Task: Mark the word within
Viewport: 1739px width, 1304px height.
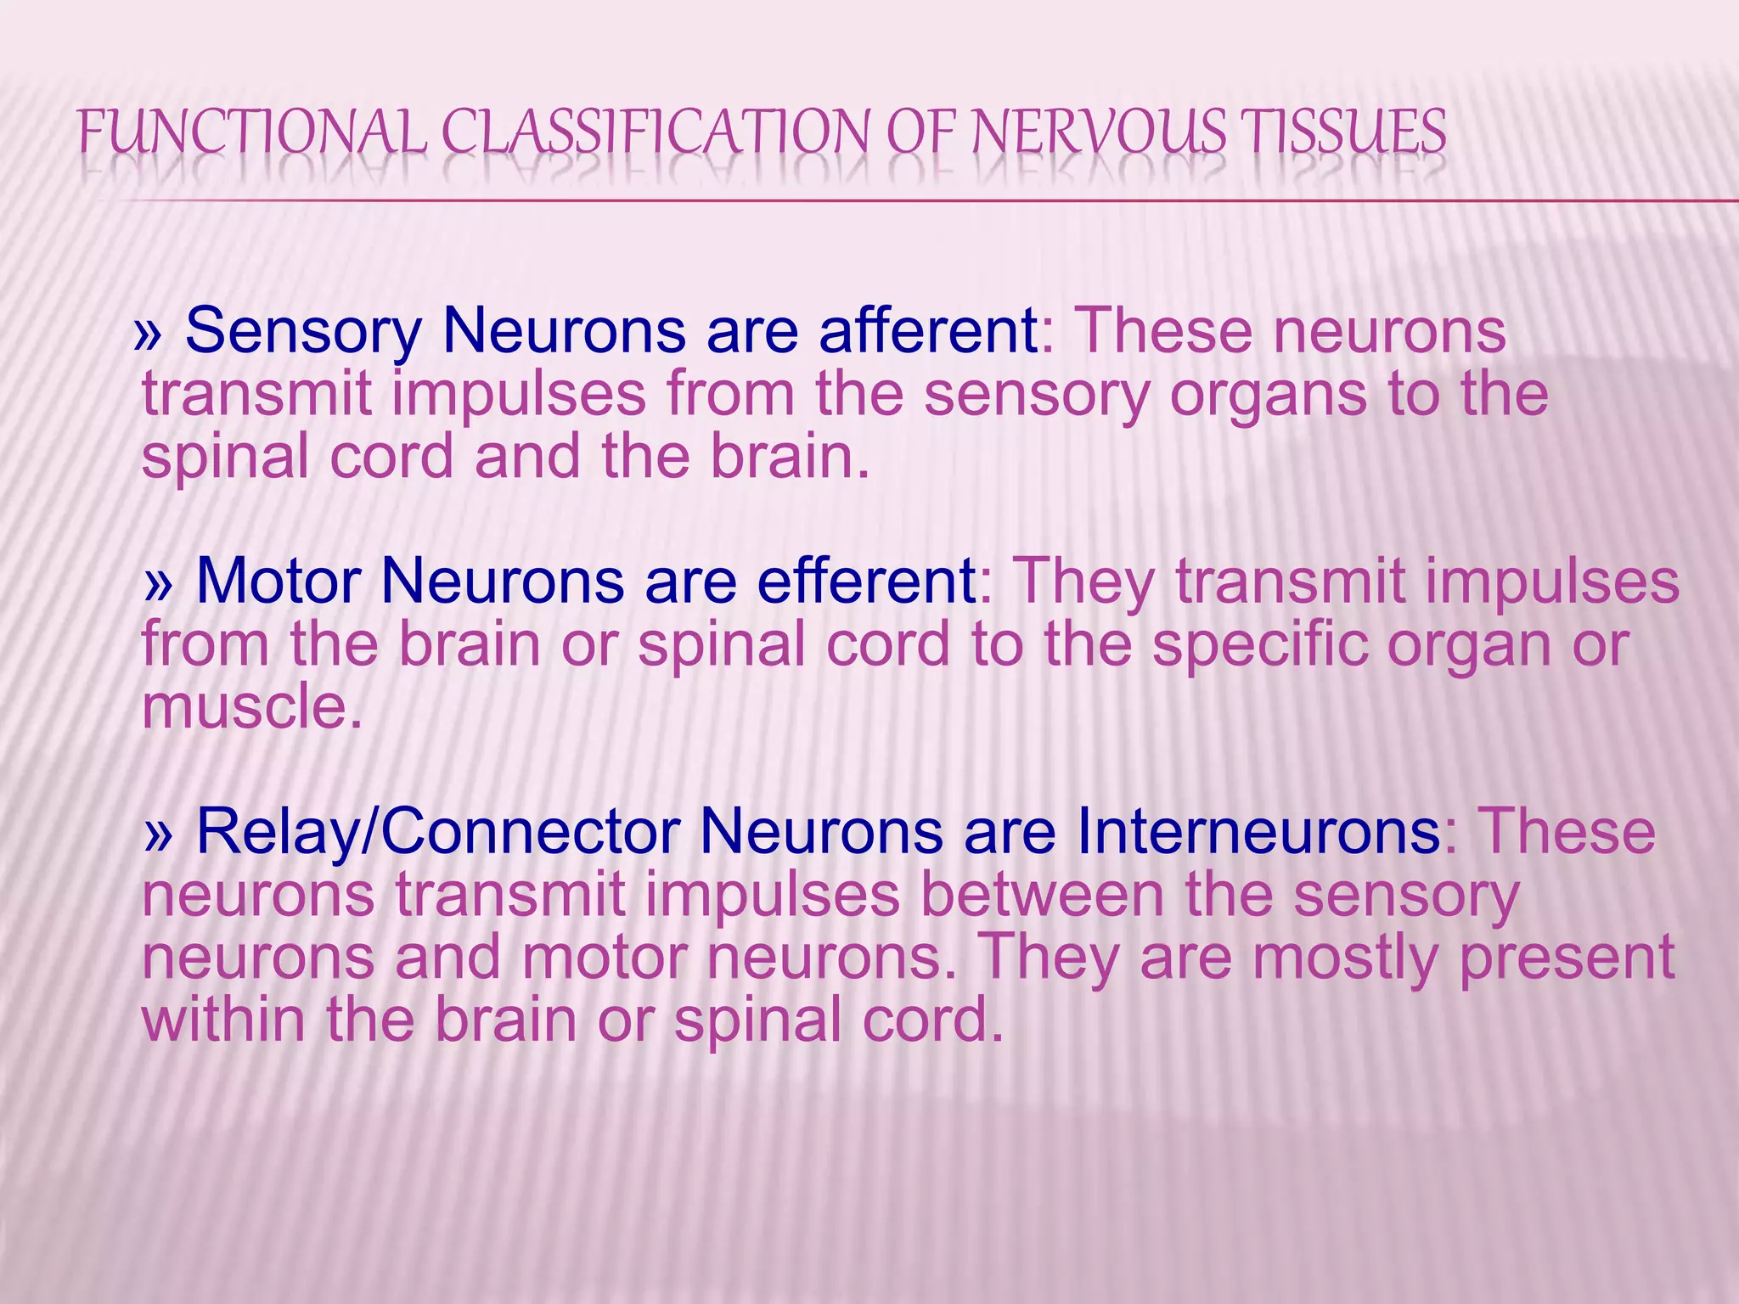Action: pos(223,1020)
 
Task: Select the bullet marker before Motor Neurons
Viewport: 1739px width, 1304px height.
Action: pos(159,584)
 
